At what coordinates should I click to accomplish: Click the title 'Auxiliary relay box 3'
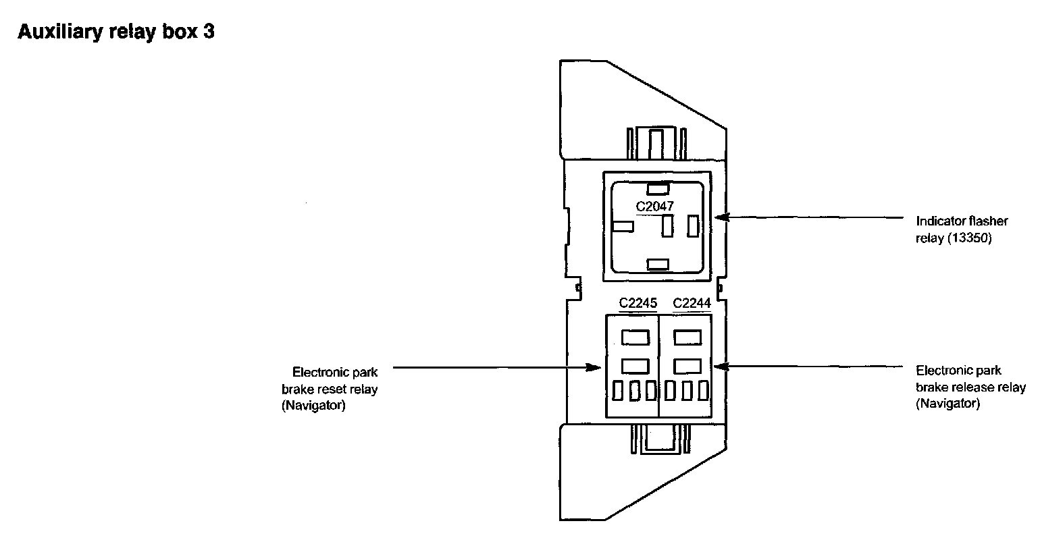coord(115,32)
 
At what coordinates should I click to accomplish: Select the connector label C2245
coord(638,304)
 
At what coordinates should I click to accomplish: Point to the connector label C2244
coord(692,304)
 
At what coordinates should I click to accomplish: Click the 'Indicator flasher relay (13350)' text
coord(952,230)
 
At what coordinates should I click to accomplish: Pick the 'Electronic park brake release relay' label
coord(970,387)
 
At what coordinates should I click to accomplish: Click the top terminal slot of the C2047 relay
coord(657,188)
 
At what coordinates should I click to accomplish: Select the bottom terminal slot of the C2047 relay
coord(657,264)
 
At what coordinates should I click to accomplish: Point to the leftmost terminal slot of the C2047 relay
coord(622,227)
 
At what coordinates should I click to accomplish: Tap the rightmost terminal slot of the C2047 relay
coord(692,225)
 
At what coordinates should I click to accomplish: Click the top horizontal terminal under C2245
coord(634,335)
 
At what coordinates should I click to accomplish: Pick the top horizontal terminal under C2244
coord(687,335)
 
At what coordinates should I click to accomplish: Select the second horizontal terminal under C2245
coord(634,366)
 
